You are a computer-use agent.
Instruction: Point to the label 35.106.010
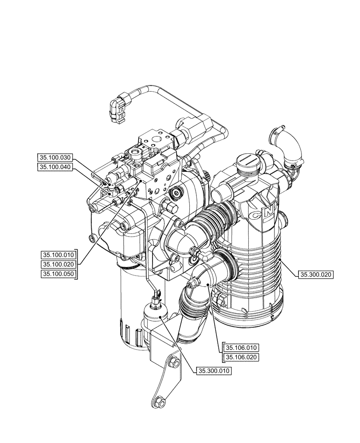point(242,348)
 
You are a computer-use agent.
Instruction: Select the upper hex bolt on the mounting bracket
point(174,363)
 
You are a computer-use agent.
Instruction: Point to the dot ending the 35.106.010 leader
point(209,284)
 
